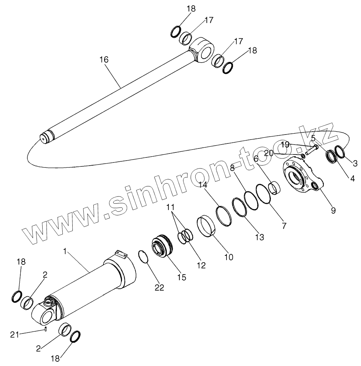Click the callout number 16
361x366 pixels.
pyautogui.click(x=104, y=60)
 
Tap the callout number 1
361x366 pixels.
pyautogui.click(x=65, y=252)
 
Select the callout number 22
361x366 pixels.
pyautogui.click(x=159, y=287)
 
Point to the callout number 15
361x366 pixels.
pyautogui.click(x=182, y=277)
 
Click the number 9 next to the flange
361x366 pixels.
pyautogui.click(x=333, y=211)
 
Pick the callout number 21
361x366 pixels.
pyautogui.click(x=14, y=335)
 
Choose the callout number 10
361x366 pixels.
pyautogui.click(x=229, y=257)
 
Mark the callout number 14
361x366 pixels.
pyautogui.click(x=203, y=185)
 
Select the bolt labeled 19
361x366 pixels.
pyautogui.click(x=312, y=148)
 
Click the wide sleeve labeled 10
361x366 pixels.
pyautogui.click(x=207, y=226)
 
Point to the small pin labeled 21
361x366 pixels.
pyautogui.click(x=46, y=329)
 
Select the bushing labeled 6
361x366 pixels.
pyautogui.click(x=275, y=188)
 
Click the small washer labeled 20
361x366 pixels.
pyautogui.click(x=303, y=155)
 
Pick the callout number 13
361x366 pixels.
pyautogui.click(x=259, y=236)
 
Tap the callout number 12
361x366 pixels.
pyautogui.click(x=201, y=265)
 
